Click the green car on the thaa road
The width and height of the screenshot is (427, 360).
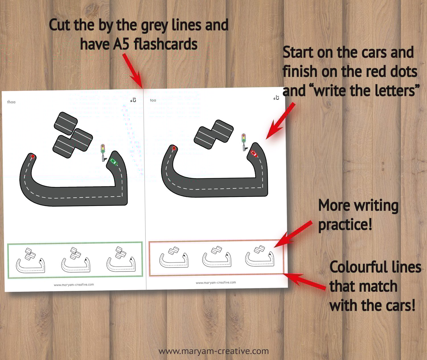pos(114,162)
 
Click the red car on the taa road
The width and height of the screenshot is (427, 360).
pos(254,153)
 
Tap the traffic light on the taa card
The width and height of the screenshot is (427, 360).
pos(244,142)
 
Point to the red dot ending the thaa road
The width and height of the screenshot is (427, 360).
pos(33,157)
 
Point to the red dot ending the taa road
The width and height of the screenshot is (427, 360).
pos(174,148)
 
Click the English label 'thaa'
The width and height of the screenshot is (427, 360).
pos(11,102)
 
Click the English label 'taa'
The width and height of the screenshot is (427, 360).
pos(153,100)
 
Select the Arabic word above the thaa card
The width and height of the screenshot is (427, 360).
pos(133,100)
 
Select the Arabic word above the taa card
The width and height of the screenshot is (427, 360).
pos(276,98)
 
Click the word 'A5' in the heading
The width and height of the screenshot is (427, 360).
pos(121,44)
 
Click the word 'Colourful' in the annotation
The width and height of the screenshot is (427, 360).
pos(357,267)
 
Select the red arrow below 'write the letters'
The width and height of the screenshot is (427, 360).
pos(280,121)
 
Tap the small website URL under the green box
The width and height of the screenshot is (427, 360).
pos(74,285)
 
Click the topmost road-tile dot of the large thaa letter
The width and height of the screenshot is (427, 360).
pos(66,123)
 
